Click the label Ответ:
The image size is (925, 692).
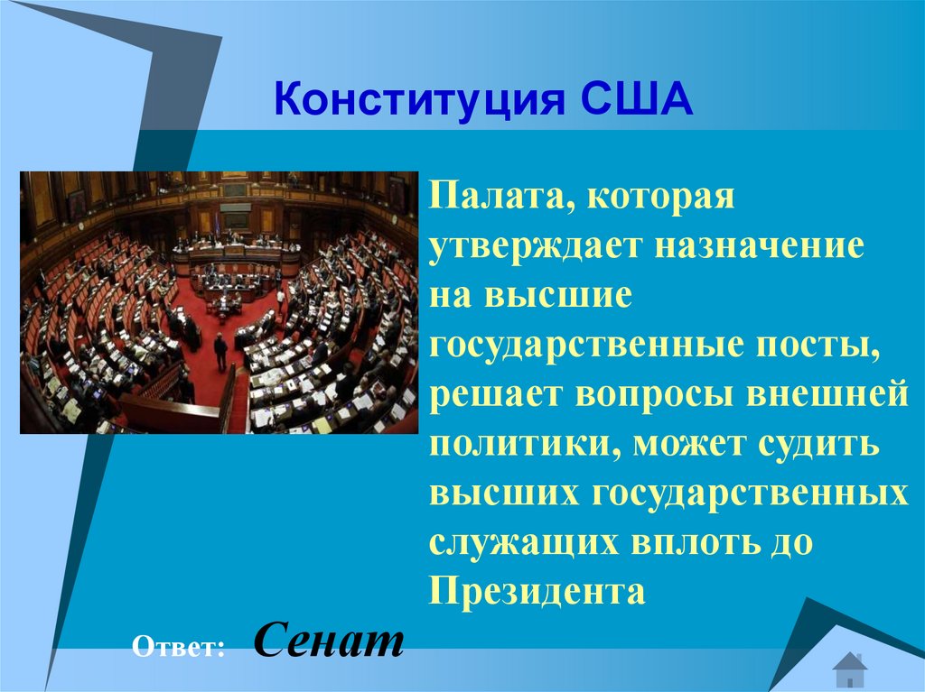(178, 646)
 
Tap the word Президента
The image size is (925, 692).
(537, 593)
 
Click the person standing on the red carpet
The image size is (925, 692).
(220, 351)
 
